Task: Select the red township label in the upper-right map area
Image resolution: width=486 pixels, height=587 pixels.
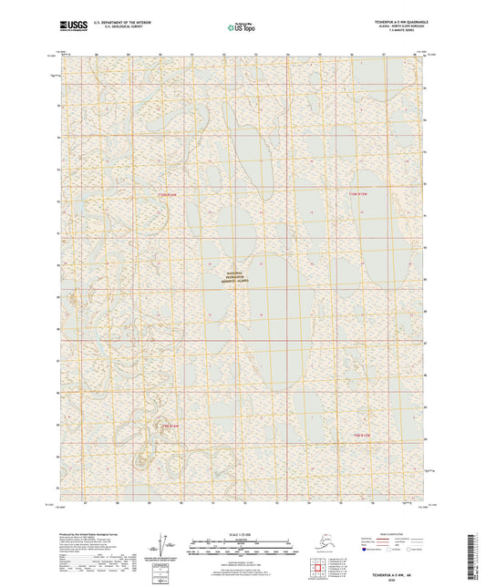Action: [357, 194]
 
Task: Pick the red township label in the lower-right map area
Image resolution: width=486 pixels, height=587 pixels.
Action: [362, 437]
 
